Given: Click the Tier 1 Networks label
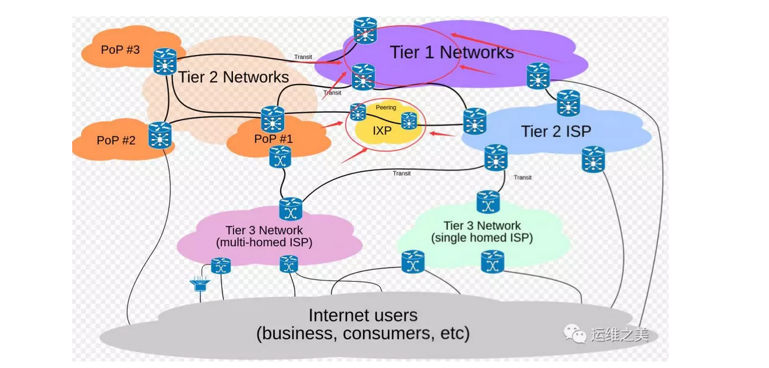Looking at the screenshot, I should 451,52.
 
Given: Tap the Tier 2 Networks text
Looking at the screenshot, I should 234,77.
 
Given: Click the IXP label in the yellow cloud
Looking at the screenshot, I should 382,131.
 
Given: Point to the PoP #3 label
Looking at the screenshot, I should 120,49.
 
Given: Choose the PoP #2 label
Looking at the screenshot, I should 116,140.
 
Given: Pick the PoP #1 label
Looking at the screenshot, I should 274,139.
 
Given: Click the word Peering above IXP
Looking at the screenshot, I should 386,108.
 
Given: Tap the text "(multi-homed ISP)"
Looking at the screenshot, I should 264,242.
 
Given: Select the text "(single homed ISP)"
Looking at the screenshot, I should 482,237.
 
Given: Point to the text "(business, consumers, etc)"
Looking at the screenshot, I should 363,333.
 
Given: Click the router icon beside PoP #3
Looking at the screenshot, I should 165,61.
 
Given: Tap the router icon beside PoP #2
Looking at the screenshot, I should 160,135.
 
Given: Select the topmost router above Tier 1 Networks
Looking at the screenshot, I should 365,29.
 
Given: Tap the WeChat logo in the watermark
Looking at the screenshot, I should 575,334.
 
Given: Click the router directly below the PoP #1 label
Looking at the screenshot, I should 281,158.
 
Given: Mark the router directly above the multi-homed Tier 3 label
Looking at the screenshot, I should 290,209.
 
